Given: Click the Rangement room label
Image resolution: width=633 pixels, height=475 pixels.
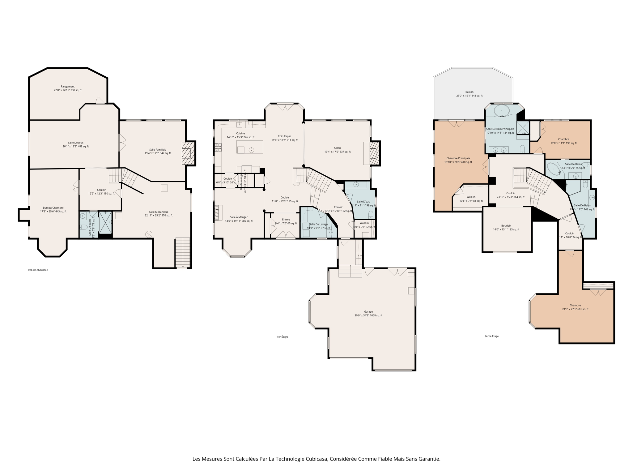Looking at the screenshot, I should click(68, 87).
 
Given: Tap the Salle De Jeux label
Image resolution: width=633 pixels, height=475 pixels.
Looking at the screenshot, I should click(76, 143).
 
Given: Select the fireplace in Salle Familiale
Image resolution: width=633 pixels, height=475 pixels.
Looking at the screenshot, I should click(188, 153).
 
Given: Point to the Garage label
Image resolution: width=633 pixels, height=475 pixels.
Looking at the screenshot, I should click(368, 312).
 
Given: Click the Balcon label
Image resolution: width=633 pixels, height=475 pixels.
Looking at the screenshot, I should click(469, 92).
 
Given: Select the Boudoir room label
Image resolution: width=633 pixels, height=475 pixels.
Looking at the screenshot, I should click(506, 226).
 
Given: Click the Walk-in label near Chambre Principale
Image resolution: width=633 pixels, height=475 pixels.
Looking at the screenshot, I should click(471, 197).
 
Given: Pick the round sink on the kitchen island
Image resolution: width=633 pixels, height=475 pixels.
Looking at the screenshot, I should click(251, 150).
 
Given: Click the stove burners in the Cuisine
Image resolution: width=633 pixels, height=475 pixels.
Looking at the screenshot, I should click(219, 147).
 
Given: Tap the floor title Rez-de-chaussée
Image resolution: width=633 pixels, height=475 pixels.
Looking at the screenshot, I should click(38, 270).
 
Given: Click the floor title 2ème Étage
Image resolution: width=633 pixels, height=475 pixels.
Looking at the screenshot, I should click(491, 336).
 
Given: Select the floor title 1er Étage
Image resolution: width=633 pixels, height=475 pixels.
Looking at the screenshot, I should click(282, 337).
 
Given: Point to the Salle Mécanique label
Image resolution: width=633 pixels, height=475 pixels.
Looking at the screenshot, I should click(159, 212).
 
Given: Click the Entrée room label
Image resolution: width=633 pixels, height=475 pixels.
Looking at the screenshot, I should click(286, 220).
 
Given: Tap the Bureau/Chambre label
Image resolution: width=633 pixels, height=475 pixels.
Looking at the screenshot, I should click(53, 208).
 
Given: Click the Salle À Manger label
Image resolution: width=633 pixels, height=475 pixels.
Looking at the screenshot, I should click(239, 217).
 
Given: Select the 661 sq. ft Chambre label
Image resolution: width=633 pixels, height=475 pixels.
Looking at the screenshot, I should click(575, 305).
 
